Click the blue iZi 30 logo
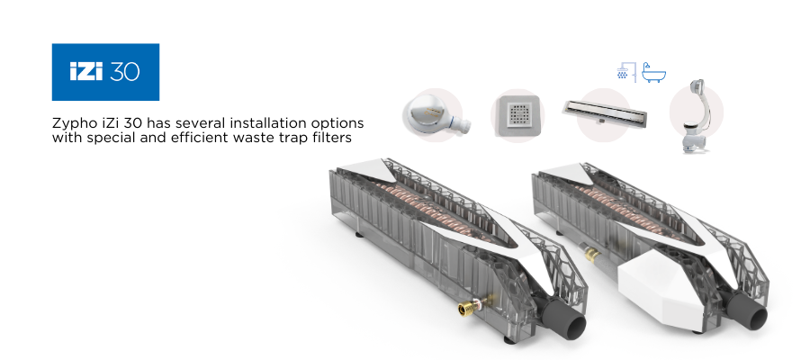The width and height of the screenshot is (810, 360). pos(105,72)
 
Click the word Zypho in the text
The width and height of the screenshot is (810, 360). pos(69,124)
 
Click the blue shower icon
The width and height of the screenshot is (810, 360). pos(625,72)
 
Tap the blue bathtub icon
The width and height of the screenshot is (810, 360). pos(653,73)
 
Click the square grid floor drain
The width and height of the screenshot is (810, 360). pos(518,116)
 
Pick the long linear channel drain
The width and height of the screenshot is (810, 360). pos(605,112)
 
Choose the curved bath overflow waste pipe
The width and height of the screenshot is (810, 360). pos(694,116)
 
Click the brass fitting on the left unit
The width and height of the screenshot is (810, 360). pos(469,308)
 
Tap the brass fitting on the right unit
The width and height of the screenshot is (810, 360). pos(590,253)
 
